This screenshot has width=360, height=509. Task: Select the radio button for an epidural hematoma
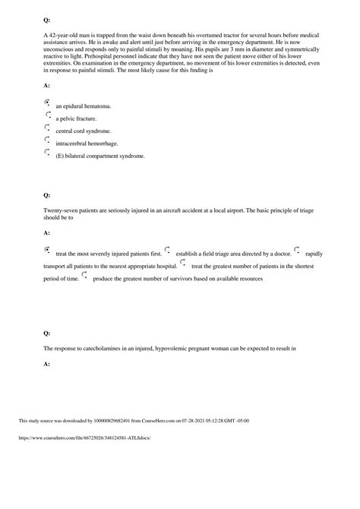tap(48, 102)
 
